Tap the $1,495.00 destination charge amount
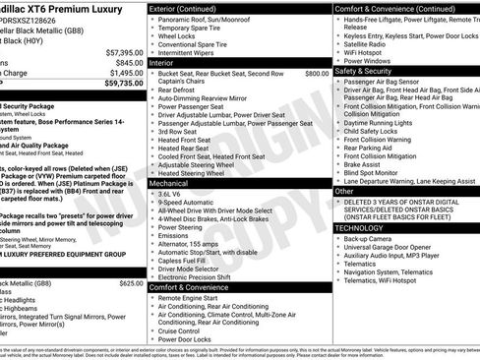tap(122, 73)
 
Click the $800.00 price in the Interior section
tap(317, 73)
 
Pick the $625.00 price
tap(131, 282)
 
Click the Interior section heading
tap(163, 63)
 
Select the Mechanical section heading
tap(169, 183)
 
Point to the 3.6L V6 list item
tap(175, 195)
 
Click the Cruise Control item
tap(186, 330)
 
